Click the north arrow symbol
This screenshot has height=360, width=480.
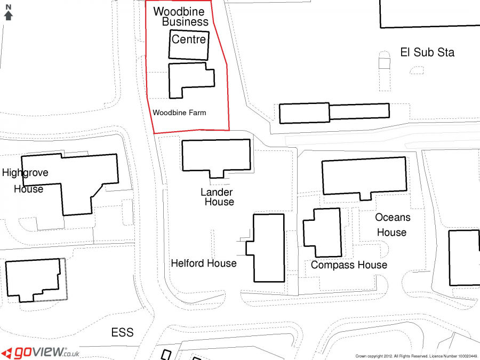pos(8,13)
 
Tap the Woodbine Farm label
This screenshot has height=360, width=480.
pos(179,113)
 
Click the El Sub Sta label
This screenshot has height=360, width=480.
pos(427,52)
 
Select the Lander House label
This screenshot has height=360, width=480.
pos(218,197)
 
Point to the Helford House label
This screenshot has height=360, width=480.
pos(204,263)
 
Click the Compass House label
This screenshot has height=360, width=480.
pos(349,265)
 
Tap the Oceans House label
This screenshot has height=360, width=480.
pos(393,225)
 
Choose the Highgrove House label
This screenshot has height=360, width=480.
pos(25,181)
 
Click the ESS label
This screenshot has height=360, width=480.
pos(123,332)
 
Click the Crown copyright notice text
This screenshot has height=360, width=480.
pos(416,356)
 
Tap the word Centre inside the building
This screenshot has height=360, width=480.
pos(189,39)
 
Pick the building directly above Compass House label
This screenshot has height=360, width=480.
pos(322,233)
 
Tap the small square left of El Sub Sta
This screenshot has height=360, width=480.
pos(384,63)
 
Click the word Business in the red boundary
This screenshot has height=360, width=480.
pos(185,22)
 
